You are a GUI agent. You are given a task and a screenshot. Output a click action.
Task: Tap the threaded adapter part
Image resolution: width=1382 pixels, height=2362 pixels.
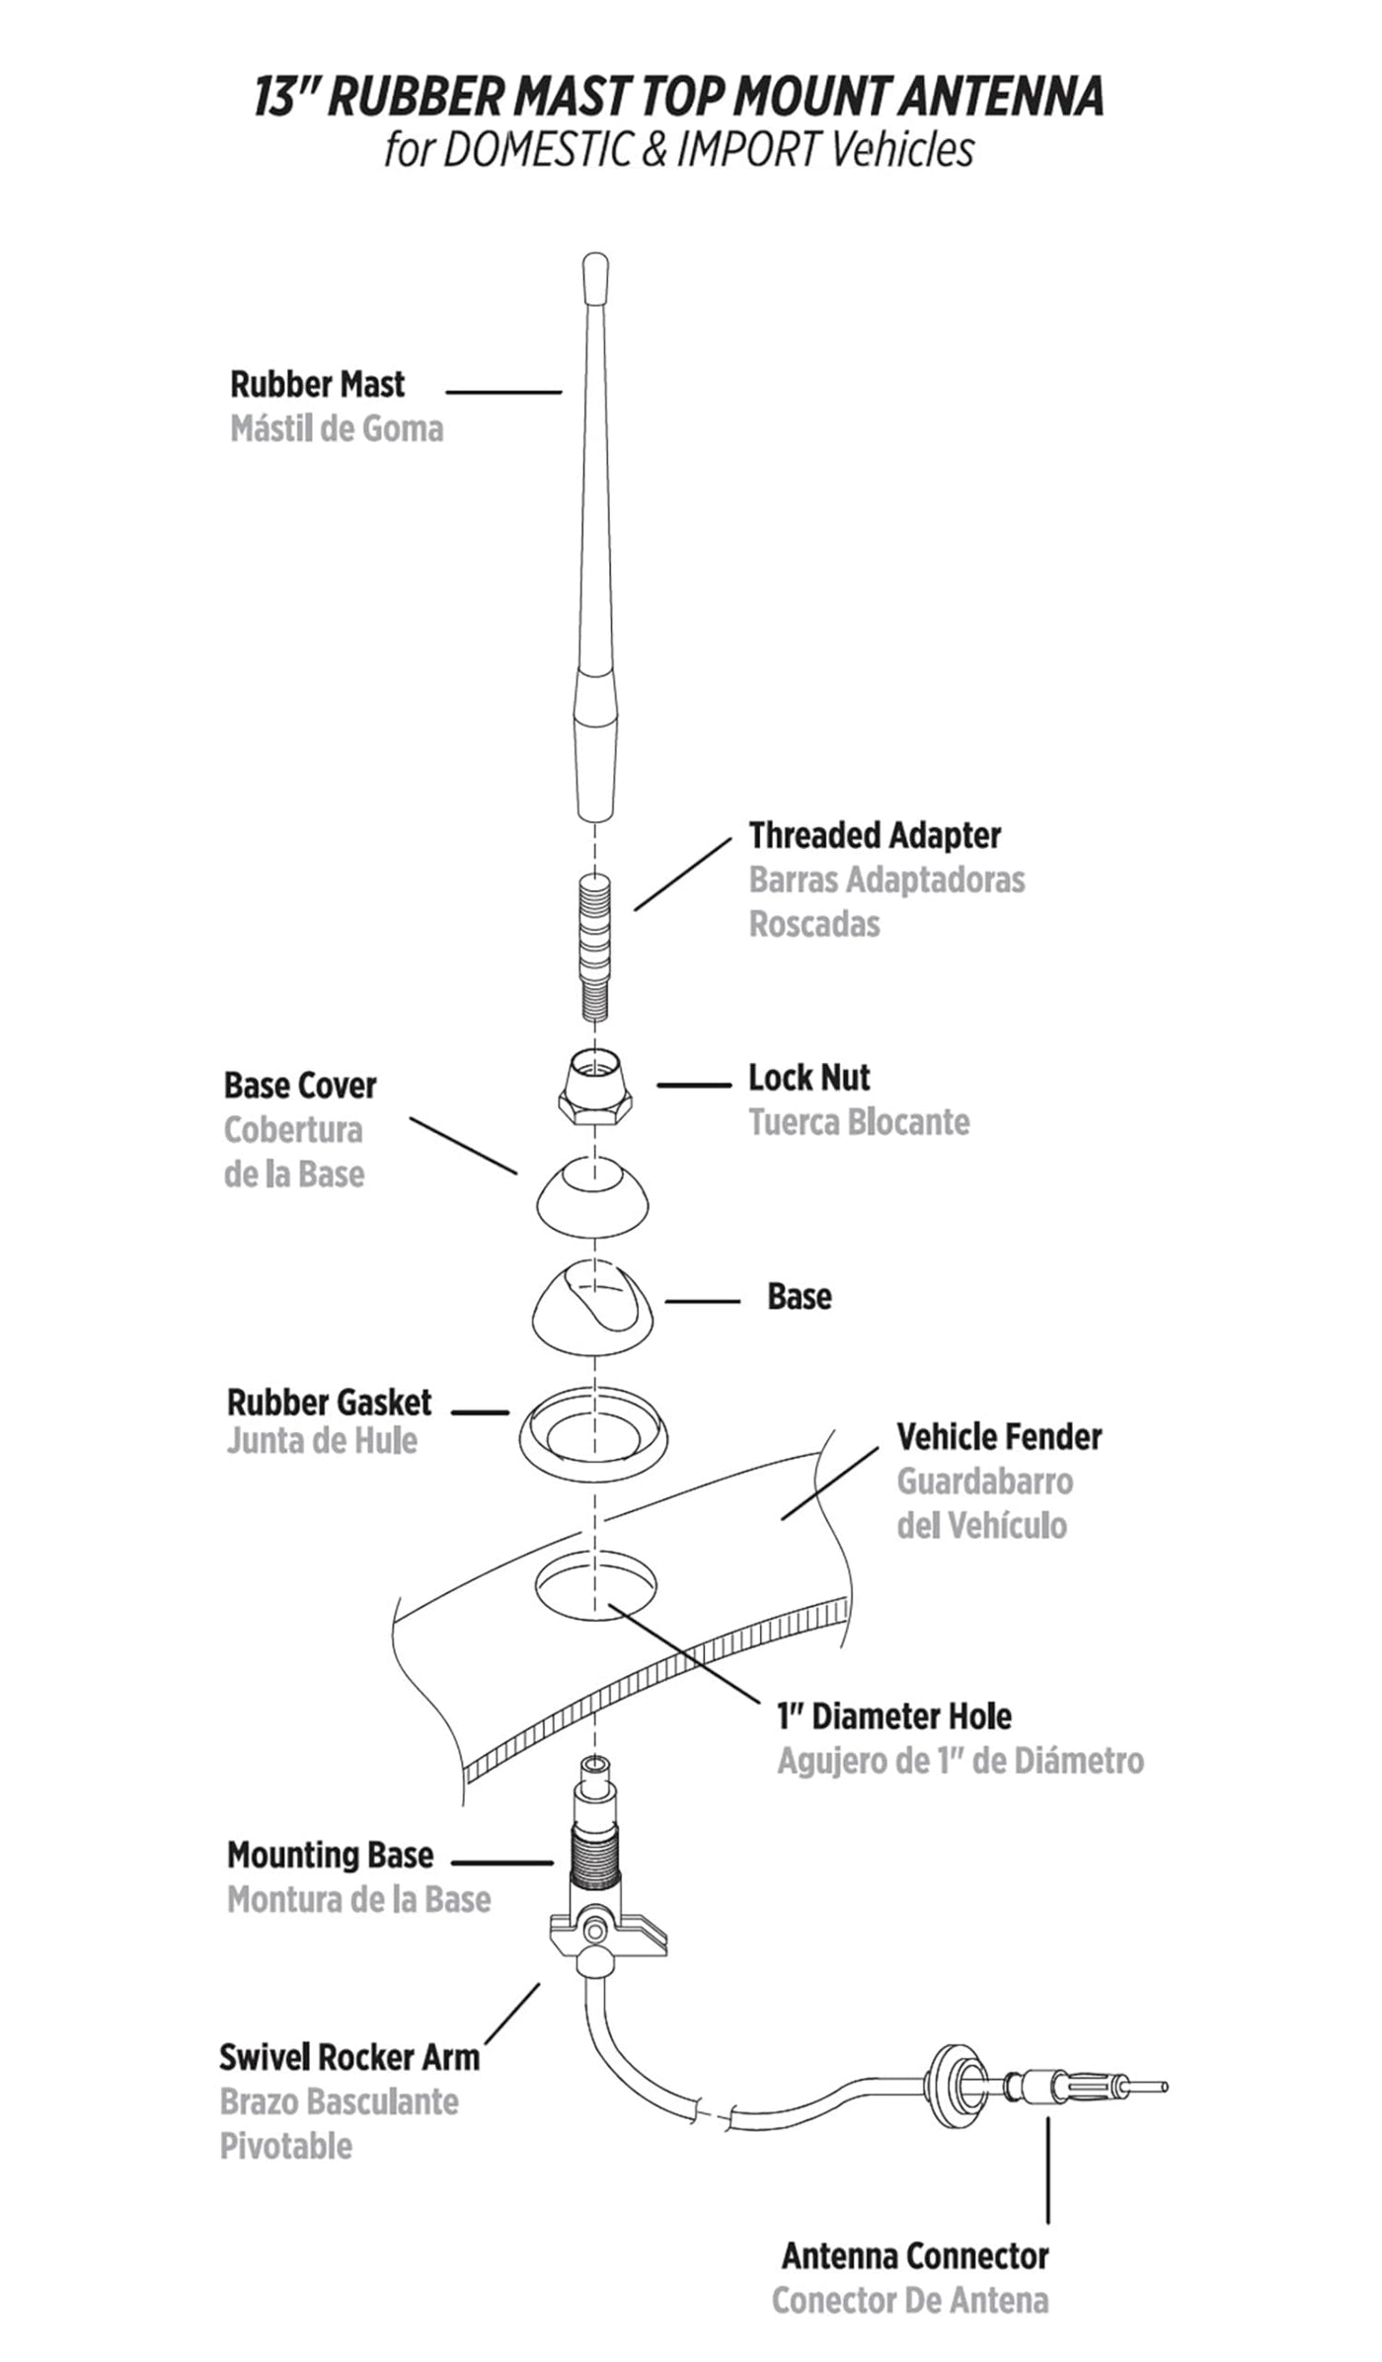pyautogui.click(x=594, y=946)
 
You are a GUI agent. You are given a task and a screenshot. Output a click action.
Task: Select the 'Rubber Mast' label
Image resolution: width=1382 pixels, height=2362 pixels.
pyautogui.click(x=317, y=384)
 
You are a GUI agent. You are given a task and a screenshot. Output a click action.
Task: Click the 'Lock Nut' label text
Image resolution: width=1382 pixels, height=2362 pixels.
pyautogui.click(x=808, y=1078)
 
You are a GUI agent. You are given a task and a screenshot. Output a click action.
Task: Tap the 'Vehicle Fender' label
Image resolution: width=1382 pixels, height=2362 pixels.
pyautogui.click(x=998, y=1437)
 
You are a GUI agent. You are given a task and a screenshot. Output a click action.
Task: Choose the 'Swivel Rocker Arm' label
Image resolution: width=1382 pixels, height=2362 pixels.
pyautogui.click(x=348, y=2058)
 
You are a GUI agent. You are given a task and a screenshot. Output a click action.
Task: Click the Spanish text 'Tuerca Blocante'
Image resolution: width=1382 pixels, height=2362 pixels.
pyautogui.click(x=859, y=1122)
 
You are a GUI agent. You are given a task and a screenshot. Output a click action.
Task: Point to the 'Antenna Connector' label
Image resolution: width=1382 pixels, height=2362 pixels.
pyautogui.click(x=915, y=2255)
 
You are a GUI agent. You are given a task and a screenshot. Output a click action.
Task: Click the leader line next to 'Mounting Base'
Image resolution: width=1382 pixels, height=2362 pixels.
pyautogui.click(x=501, y=1863)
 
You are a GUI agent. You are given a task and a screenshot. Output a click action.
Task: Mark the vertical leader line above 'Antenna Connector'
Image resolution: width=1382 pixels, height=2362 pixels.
pyautogui.click(x=1047, y=2171)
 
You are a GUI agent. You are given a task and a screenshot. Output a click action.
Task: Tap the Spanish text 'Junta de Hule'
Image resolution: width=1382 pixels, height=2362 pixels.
pyautogui.click(x=322, y=1441)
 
